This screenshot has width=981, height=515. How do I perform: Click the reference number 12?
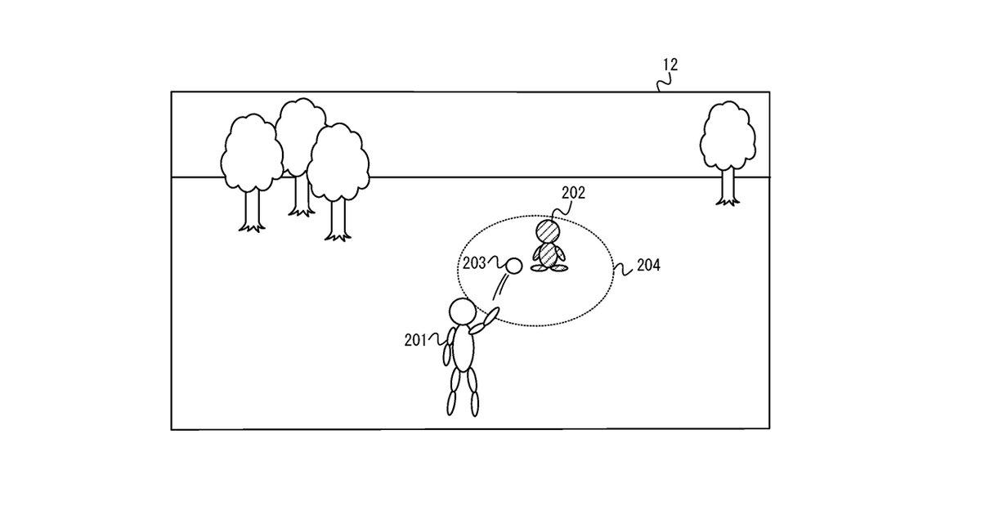pos(670,65)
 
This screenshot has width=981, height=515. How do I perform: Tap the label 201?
pos(415,341)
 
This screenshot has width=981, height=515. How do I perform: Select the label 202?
pos(573,194)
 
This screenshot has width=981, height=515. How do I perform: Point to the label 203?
pos(474,262)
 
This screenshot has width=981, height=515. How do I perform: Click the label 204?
pos(648,266)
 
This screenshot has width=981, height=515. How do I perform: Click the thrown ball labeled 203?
pos(514,265)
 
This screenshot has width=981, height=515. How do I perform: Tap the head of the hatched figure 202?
pos(547,230)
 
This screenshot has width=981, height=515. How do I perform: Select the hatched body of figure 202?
pos(548,256)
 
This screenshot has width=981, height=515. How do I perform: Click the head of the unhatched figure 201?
pos(462,312)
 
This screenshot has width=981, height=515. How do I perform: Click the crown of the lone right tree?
pos(727,135)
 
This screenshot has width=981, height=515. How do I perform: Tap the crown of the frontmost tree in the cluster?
pos(336,163)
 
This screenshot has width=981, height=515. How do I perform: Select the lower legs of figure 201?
pos(462,401)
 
